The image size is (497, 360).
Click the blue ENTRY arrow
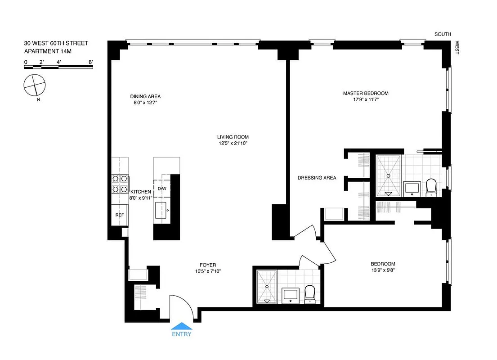pyautogui.click(x=181, y=326)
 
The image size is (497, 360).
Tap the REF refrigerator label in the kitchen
pyautogui.click(x=120, y=215)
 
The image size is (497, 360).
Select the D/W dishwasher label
pyautogui.click(x=162, y=188)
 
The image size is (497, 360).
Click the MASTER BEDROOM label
pyautogui.click(x=365, y=93)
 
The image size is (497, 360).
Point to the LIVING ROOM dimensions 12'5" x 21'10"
pyautogui.click(x=233, y=144)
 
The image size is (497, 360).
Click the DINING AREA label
pyautogui.click(x=145, y=96)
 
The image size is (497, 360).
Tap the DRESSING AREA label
pyautogui.click(x=317, y=178)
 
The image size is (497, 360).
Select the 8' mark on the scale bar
pyautogui.click(x=91, y=62)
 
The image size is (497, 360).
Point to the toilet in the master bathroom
pyautogui.click(x=431, y=187)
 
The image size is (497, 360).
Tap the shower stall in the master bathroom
pyautogui.click(x=388, y=175)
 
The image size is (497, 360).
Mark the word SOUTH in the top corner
pyautogui.click(x=443, y=34)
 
